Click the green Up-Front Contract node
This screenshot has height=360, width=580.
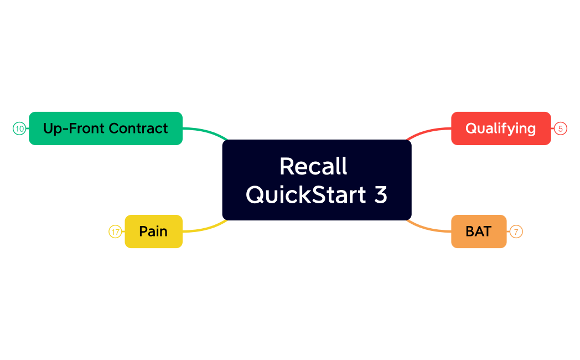coord(105,128)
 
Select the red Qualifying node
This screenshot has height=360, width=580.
coord(501,128)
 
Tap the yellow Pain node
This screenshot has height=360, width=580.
coord(153,232)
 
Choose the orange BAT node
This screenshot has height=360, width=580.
coord(479,232)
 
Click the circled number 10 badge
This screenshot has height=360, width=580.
coord(19,129)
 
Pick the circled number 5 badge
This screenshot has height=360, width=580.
coord(561,129)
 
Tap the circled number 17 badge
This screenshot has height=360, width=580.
coord(115,232)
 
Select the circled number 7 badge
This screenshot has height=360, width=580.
coord(516,232)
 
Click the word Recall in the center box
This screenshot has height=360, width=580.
coord(313,166)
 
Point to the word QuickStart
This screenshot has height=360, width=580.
coord(306,195)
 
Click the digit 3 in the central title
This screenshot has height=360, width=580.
coord(381,195)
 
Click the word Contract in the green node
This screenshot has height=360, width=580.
coord(138,128)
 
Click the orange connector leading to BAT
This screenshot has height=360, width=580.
coord(429,229)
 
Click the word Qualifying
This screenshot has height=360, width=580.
coord(501,128)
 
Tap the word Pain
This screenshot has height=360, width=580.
coord(153,232)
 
